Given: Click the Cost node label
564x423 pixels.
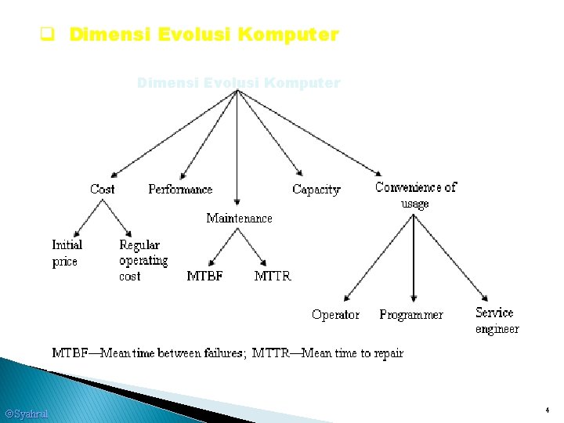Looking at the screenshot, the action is pos(102,189).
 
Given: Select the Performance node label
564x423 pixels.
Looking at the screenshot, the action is pos(180,189).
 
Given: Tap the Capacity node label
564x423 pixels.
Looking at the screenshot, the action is pos(316,189).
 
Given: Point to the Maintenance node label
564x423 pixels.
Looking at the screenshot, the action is pos(239,218).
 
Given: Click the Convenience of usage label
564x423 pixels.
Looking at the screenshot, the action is pos(415,195).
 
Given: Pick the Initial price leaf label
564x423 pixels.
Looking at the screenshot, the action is pos(67,253).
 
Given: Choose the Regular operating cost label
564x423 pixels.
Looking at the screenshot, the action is pos(143,260).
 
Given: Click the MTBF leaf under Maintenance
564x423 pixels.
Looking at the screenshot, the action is pos(204,276).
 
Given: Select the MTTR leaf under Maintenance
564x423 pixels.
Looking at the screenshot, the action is pos(273,276).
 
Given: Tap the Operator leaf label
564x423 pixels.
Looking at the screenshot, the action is pos(335,314).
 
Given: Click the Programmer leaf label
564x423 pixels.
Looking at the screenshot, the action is pos(410,314).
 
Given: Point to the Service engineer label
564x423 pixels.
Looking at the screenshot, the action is pos(497,320).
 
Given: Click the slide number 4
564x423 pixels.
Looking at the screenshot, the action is pos(548,410).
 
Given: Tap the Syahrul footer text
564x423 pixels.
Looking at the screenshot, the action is pos(26,413).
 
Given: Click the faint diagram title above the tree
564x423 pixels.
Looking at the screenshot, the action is pos(238,82).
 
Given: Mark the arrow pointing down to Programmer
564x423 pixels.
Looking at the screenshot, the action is pos(413,258).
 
